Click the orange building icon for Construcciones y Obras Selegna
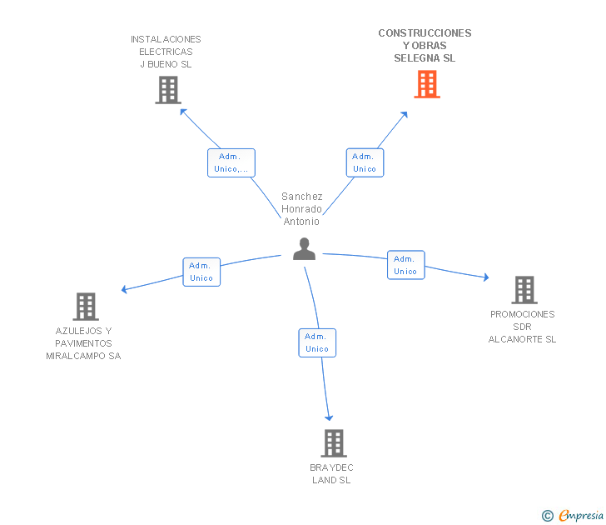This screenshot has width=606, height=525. click(426, 84)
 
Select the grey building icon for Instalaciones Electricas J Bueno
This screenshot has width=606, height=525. click(167, 90)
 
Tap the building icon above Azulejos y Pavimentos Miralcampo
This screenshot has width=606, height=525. click(86, 307)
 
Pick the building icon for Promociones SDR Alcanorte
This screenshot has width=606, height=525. click(524, 290)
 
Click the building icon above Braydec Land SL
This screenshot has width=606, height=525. click(333, 443)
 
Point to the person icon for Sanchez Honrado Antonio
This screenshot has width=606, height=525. click(304, 248)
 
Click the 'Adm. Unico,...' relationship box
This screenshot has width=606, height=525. click(231, 162)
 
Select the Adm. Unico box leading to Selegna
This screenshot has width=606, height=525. click(364, 162)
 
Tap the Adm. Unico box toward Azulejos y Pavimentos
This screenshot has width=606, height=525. click(201, 272)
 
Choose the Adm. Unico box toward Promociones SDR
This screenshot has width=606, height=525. click(405, 265)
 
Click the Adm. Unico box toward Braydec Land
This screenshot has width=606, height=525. click(317, 342)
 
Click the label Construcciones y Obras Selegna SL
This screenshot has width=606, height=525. click(425, 46)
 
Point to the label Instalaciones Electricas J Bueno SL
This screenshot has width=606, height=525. click(166, 52)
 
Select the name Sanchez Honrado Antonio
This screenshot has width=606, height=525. click(301, 209)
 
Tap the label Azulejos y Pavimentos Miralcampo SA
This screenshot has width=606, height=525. click(83, 343)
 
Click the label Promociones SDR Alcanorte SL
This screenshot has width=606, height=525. click(522, 327)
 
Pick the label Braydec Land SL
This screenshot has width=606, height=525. click(331, 473)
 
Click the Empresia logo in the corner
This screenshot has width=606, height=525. click(580, 516)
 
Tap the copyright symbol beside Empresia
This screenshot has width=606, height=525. click(547, 517)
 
